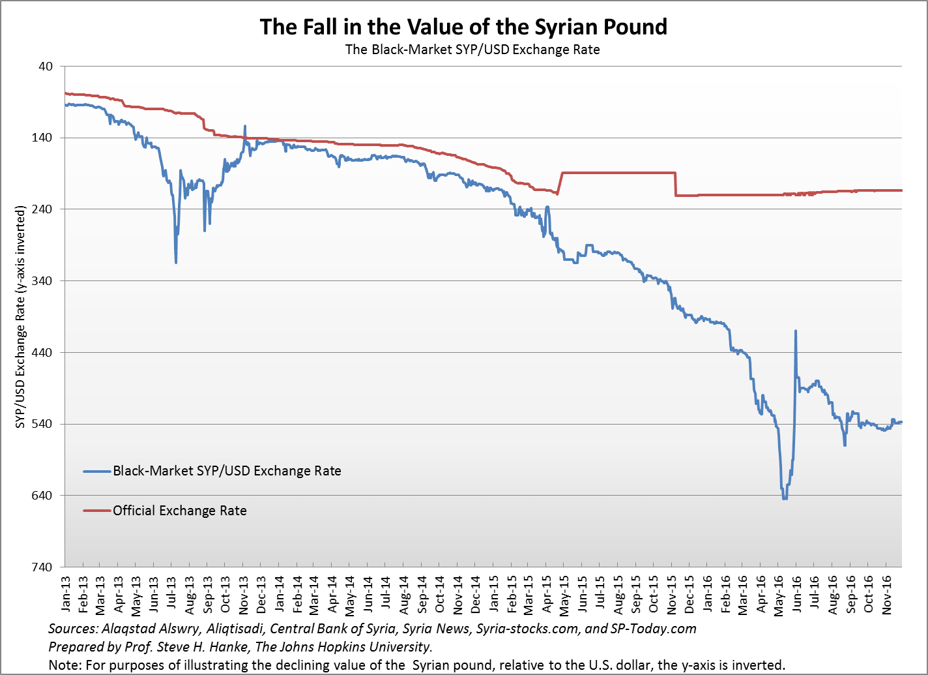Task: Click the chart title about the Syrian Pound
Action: (463, 27)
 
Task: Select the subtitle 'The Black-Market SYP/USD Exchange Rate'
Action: (472, 50)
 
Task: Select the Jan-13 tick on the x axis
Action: (66, 594)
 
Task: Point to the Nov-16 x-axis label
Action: (886, 594)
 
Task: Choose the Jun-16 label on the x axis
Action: (796, 594)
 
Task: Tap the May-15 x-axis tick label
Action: (564, 594)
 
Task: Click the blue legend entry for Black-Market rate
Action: (227, 471)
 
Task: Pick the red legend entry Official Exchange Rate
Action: (179, 511)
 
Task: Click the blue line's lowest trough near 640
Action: (785, 499)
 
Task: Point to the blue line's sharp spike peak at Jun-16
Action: (796, 331)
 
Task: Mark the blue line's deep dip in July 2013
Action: (176, 262)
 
